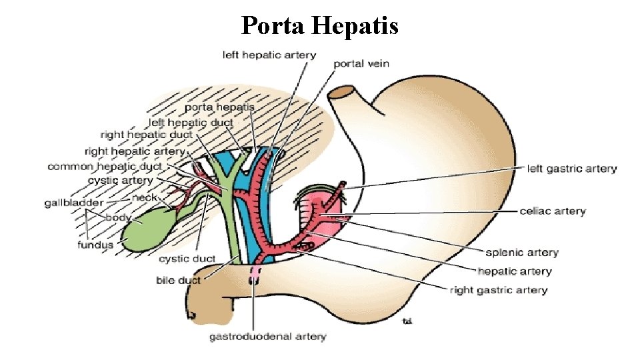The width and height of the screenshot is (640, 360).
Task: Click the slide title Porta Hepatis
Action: (319, 26)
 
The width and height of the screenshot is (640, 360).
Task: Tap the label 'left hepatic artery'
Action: (269, 55)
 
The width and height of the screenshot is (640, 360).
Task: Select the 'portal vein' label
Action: (361, 64)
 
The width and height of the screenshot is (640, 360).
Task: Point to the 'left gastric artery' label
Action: (571, 169)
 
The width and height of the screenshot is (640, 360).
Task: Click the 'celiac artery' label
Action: (552, 211)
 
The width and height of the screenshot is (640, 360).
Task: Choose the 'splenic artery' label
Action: (521, 253)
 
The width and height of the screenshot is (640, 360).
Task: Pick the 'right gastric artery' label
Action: (498, 290)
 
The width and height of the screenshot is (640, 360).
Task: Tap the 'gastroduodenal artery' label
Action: (267, 337)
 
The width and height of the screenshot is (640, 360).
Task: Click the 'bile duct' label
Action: (178, 280)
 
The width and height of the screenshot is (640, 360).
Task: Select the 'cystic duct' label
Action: (187, 259)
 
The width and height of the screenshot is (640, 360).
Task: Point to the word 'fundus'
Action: (95, 245)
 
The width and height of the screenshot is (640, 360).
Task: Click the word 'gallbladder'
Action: (74, 202)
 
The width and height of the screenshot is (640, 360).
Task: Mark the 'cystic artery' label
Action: (120, 180)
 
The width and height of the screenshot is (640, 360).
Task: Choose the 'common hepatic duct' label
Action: (105, 166)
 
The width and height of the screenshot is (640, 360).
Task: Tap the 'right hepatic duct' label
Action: (146, 135)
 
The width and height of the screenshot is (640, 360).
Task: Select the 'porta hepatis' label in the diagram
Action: (219, 107)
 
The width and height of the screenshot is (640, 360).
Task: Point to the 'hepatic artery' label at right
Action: (514, 271)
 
